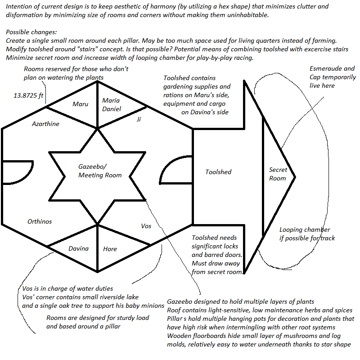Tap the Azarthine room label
(45, 124)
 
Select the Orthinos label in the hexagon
(40, 221)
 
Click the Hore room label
(110, 249)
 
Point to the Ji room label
(139, 120)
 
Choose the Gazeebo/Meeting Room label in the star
(100, 171)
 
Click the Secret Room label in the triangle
(278, 174)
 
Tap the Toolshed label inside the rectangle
(218, 172)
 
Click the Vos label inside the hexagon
(146, 226)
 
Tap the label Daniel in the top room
(112, 109)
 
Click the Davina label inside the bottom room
(78, 248)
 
